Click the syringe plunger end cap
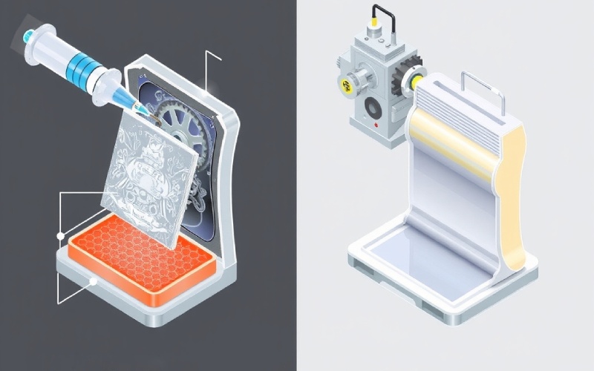click(x=28, y=35)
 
